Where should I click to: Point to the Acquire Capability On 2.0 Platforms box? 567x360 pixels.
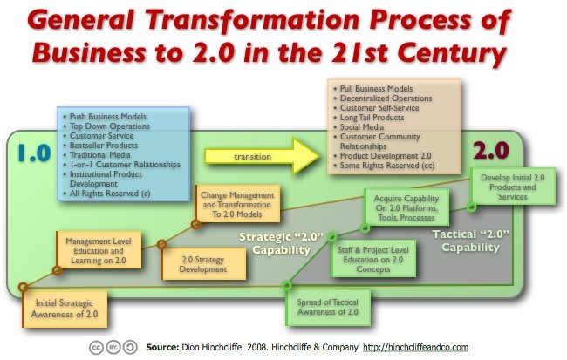[406, 208]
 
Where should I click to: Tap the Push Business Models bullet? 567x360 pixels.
[110, 116]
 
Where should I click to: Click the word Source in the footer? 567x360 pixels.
[166, 345]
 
